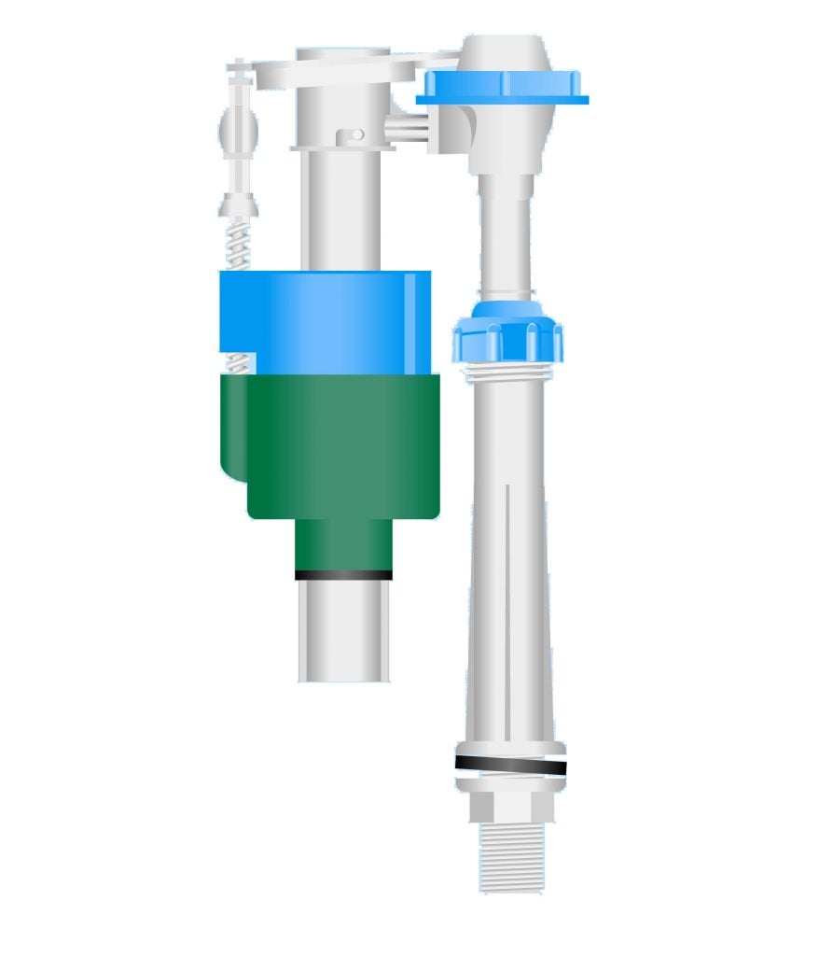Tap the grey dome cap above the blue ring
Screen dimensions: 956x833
(505, 51)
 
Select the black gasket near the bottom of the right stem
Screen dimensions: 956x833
(510, 766)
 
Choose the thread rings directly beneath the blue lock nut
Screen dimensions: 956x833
(507, 373)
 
